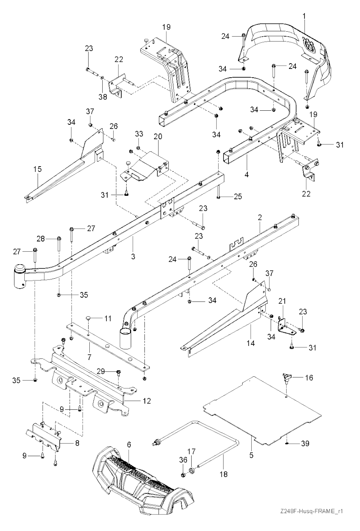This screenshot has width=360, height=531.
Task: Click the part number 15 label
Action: coord(38,169)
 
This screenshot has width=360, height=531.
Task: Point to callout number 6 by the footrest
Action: coord(129,444)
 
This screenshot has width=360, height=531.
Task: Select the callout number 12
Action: coord(147,401)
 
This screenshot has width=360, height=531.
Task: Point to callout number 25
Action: coord(238,196)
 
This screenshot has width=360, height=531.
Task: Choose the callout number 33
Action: coord(139,134)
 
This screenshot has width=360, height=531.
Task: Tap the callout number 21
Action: coord(282,301)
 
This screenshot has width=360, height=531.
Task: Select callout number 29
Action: coord(101,371)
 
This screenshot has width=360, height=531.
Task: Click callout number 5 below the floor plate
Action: coord(251,455)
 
